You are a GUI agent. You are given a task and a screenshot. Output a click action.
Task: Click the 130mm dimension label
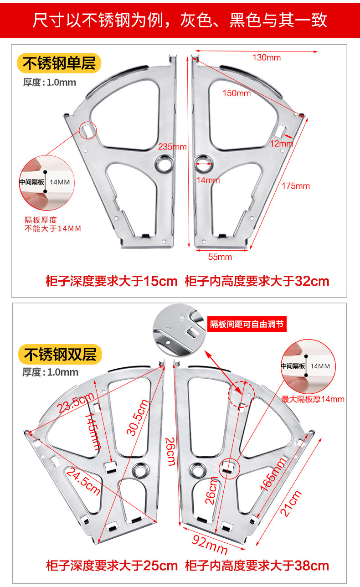267,57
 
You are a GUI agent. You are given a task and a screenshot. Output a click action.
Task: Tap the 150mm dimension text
237,93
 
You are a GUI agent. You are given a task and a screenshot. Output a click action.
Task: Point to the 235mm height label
172,147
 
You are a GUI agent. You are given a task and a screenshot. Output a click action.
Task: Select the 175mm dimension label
295,186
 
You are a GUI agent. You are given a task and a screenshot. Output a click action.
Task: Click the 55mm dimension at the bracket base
220,257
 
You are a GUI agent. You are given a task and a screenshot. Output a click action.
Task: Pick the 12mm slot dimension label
281,144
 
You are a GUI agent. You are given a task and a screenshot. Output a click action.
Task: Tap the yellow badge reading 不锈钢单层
59,63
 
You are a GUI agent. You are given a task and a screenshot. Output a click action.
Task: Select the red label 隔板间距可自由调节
247,324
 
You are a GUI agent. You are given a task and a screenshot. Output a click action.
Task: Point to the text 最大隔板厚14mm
313,399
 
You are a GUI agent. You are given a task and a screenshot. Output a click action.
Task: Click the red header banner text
180,20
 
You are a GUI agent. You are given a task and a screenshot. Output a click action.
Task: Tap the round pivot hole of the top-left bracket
165,163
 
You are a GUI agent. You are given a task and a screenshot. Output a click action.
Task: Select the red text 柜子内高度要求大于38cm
257,566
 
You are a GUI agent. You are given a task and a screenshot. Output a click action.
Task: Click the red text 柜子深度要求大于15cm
112,281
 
